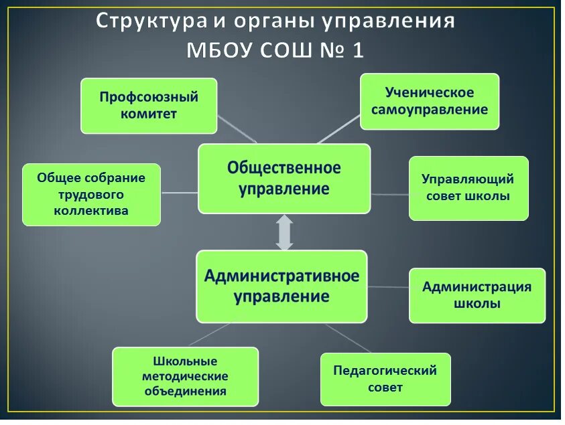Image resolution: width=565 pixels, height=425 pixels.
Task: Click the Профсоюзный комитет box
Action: pyautogui.click(x=149, y=106)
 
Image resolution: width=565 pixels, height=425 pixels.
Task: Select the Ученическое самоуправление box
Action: pyautogui.click(x=430, y=101)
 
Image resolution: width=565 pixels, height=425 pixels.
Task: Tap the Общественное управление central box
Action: pyautogui.click(x=284, y=178)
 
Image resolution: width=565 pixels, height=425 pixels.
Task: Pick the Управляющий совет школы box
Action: pyautogui.click(x=468, y=188)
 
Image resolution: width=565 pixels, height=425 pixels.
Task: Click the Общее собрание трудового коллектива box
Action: pyautogui.click(x=91, y=194)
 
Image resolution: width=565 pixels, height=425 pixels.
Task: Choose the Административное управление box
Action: pyautogui.click(x=281, y=286)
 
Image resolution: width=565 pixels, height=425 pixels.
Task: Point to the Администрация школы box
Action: pyautogui.click(x=477, y=295)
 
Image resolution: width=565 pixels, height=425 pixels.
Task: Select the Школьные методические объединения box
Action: pyautogui.click(x=185, y=376)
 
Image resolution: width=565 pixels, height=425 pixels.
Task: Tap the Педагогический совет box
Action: pyautogui.click(x=385, y=379)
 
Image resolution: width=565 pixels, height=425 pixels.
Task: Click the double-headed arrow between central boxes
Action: pyautogui.click(x=285, y=232)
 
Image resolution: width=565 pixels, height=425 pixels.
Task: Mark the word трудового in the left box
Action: pyautogui.click(x=91, y=194)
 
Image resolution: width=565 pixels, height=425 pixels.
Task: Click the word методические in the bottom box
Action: pyautogui.click(x=185, y=376)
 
